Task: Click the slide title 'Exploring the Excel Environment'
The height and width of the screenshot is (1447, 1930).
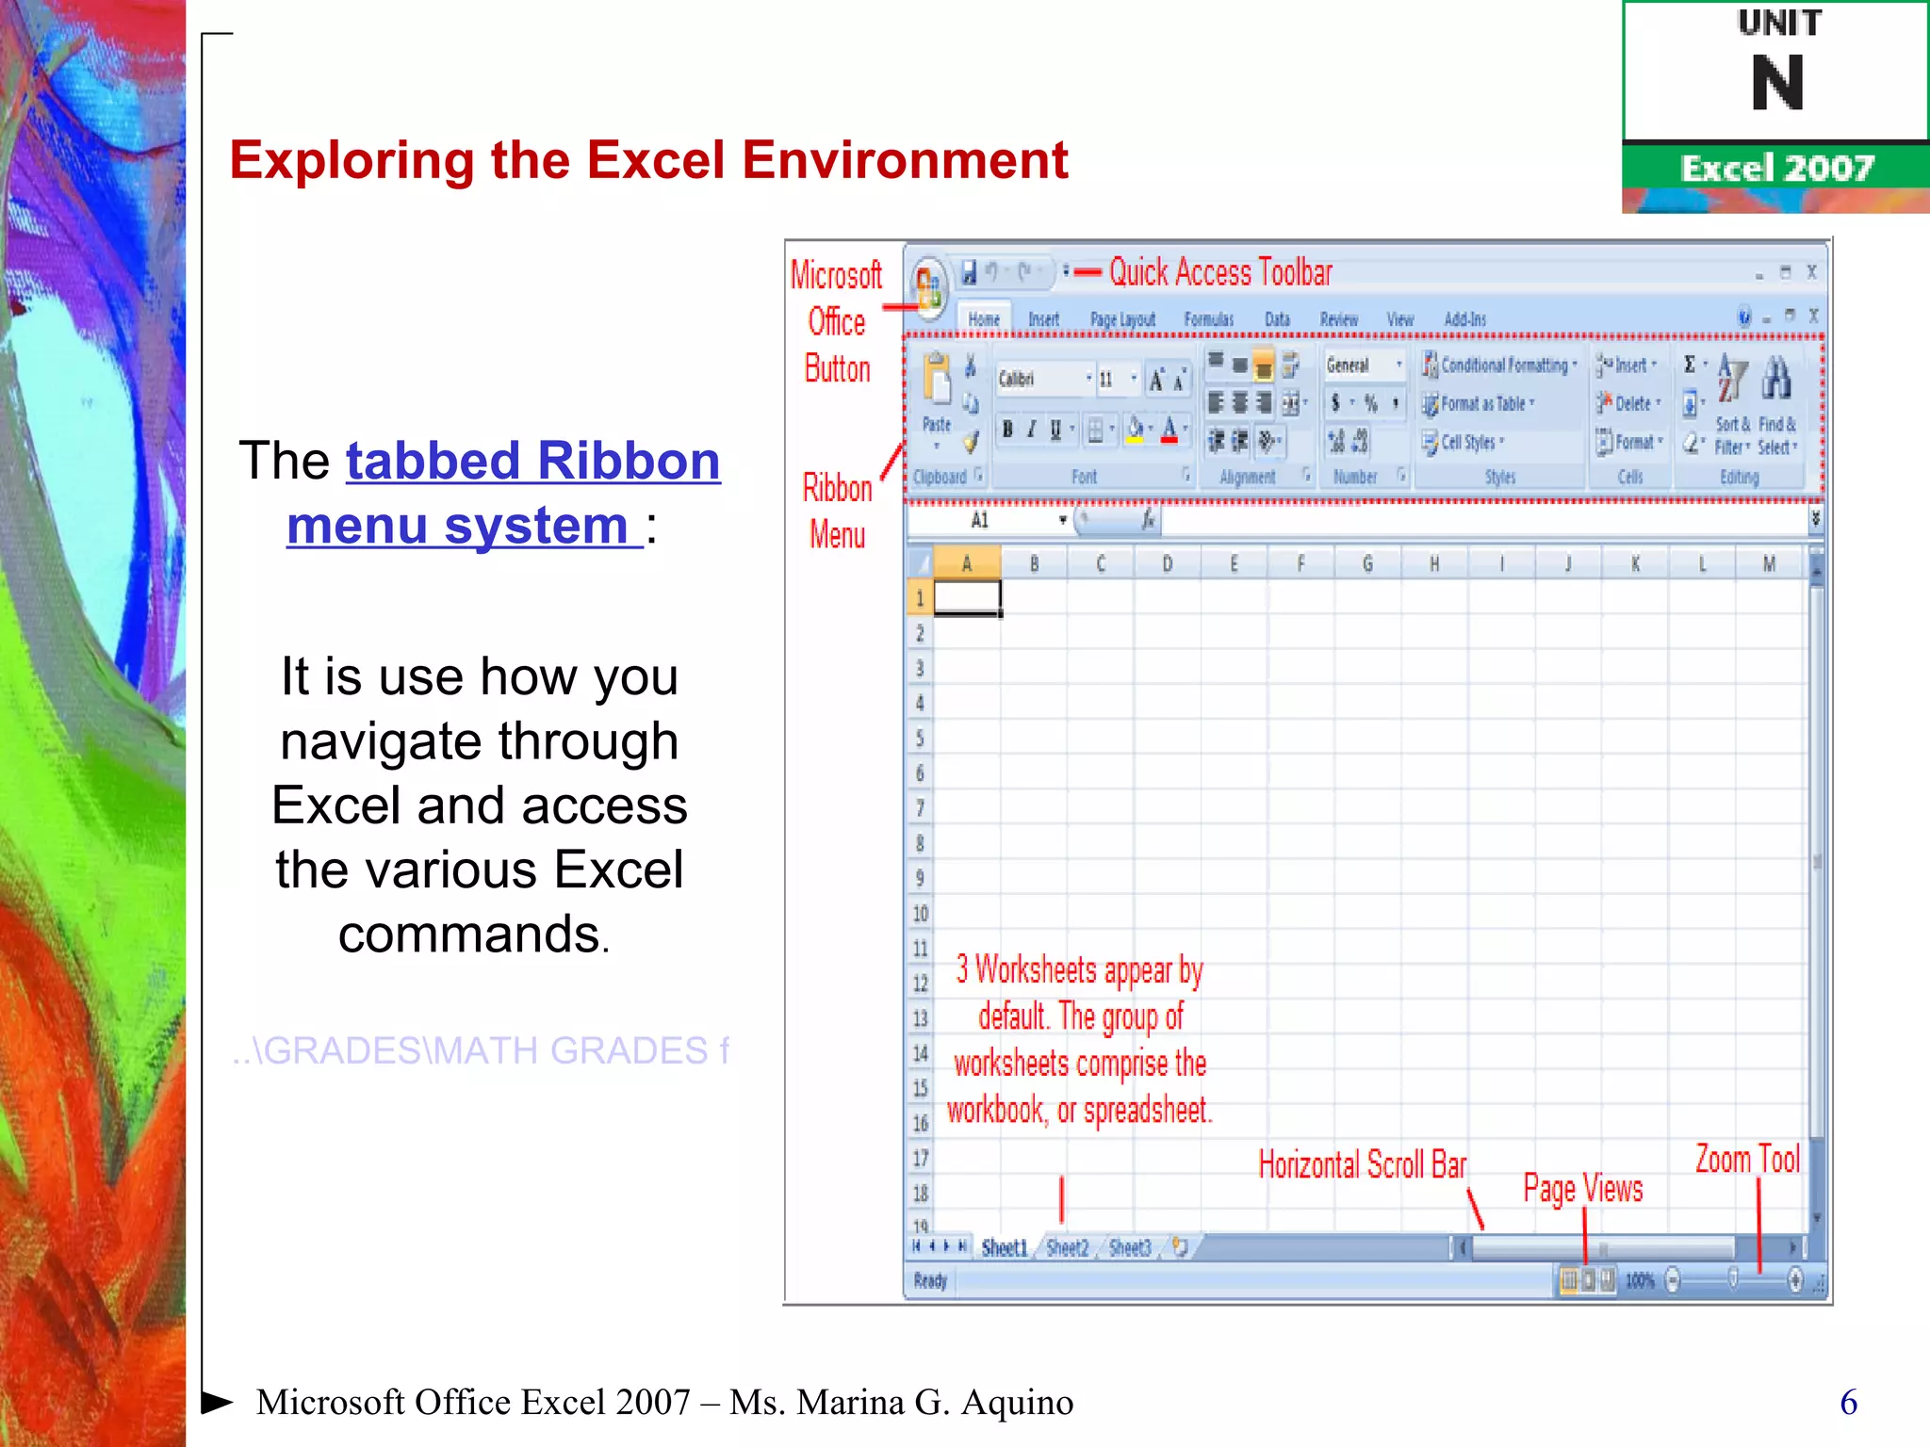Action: [648, 160]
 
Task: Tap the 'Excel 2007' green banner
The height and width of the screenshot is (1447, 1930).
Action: [1776, 168]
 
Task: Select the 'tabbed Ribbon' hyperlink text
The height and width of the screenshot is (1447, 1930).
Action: [532, 462]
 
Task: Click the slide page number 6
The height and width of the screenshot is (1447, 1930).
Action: [1848, 1402]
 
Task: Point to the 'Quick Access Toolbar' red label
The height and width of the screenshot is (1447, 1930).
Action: [1219, 272]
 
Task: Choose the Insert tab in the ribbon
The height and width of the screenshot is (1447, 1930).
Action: [1043, 319]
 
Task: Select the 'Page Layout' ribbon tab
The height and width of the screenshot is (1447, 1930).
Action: [1122, 319]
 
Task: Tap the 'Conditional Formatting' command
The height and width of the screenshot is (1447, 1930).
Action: [1502, 366]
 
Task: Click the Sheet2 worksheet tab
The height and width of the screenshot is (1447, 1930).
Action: [1067, 1248]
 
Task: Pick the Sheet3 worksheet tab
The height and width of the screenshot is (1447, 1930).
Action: [1130, 1248]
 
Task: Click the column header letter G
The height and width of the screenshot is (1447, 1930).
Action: [1367, 563]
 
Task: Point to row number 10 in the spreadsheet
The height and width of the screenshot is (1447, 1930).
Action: [921, 913]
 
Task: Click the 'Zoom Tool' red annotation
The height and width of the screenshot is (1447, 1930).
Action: [1747, 1160]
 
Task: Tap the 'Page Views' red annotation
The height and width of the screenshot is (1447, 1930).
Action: [1583, 1189]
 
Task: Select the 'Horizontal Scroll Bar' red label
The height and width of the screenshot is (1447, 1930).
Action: [1363, 1165]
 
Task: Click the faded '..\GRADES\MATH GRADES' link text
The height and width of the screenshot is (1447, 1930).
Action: [481, 1050]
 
